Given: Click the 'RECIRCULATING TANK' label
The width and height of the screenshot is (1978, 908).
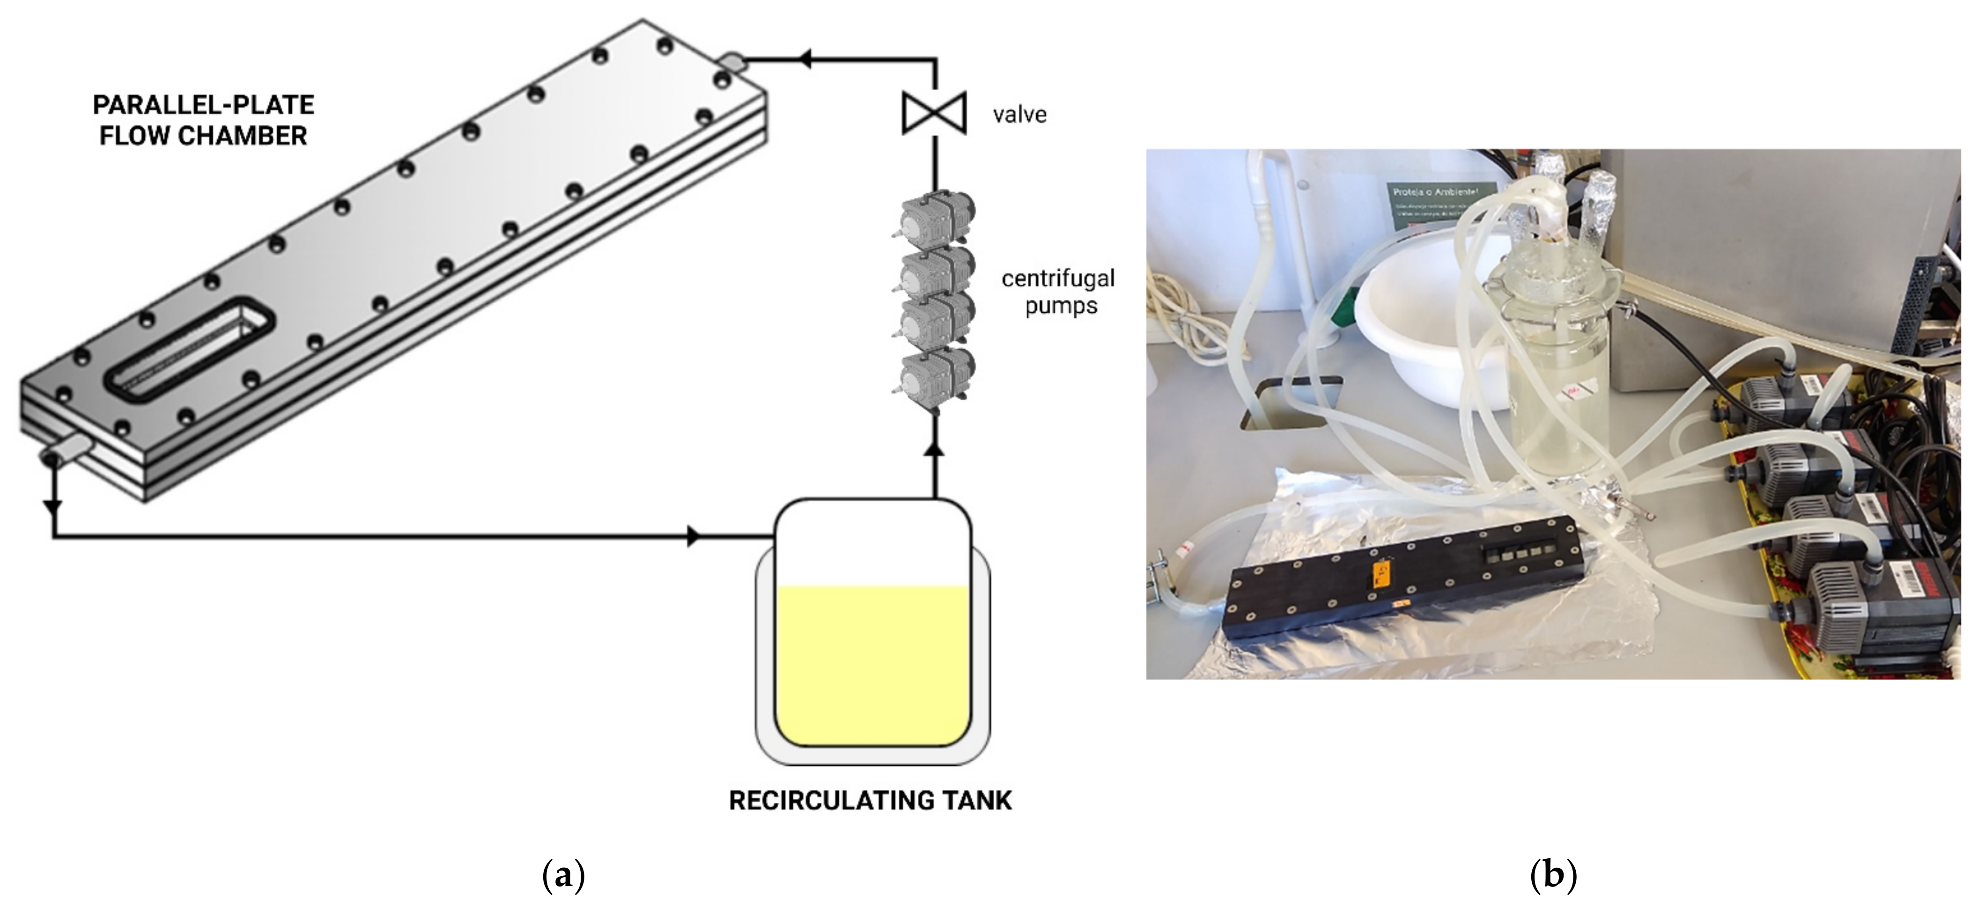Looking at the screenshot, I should (870, 800).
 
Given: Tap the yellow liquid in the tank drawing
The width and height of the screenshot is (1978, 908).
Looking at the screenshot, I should (873, 664).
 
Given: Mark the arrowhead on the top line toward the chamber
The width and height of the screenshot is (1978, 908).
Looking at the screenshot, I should (804, 59).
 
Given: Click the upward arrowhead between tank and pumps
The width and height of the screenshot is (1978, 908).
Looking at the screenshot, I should (935, 448).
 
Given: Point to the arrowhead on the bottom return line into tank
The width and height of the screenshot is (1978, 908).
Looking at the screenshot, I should (694, 536).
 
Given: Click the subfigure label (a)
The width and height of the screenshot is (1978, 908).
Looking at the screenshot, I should (564, 875).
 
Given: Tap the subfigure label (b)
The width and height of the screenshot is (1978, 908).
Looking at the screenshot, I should (1553, 875).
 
